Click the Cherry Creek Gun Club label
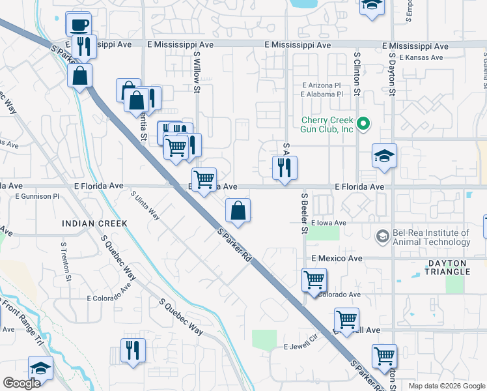click(327, 124)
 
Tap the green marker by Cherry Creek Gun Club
click(365, 122)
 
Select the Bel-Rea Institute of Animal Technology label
click(432, 237)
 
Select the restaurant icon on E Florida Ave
click(285, 168)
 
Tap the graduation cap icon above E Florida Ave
click(383, 156)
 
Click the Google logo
click(21, 383)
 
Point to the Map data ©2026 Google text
click(447, 386)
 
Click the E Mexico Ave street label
click(337, 259)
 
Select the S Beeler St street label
click(304, 213)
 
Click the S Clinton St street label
click(357, 74)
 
